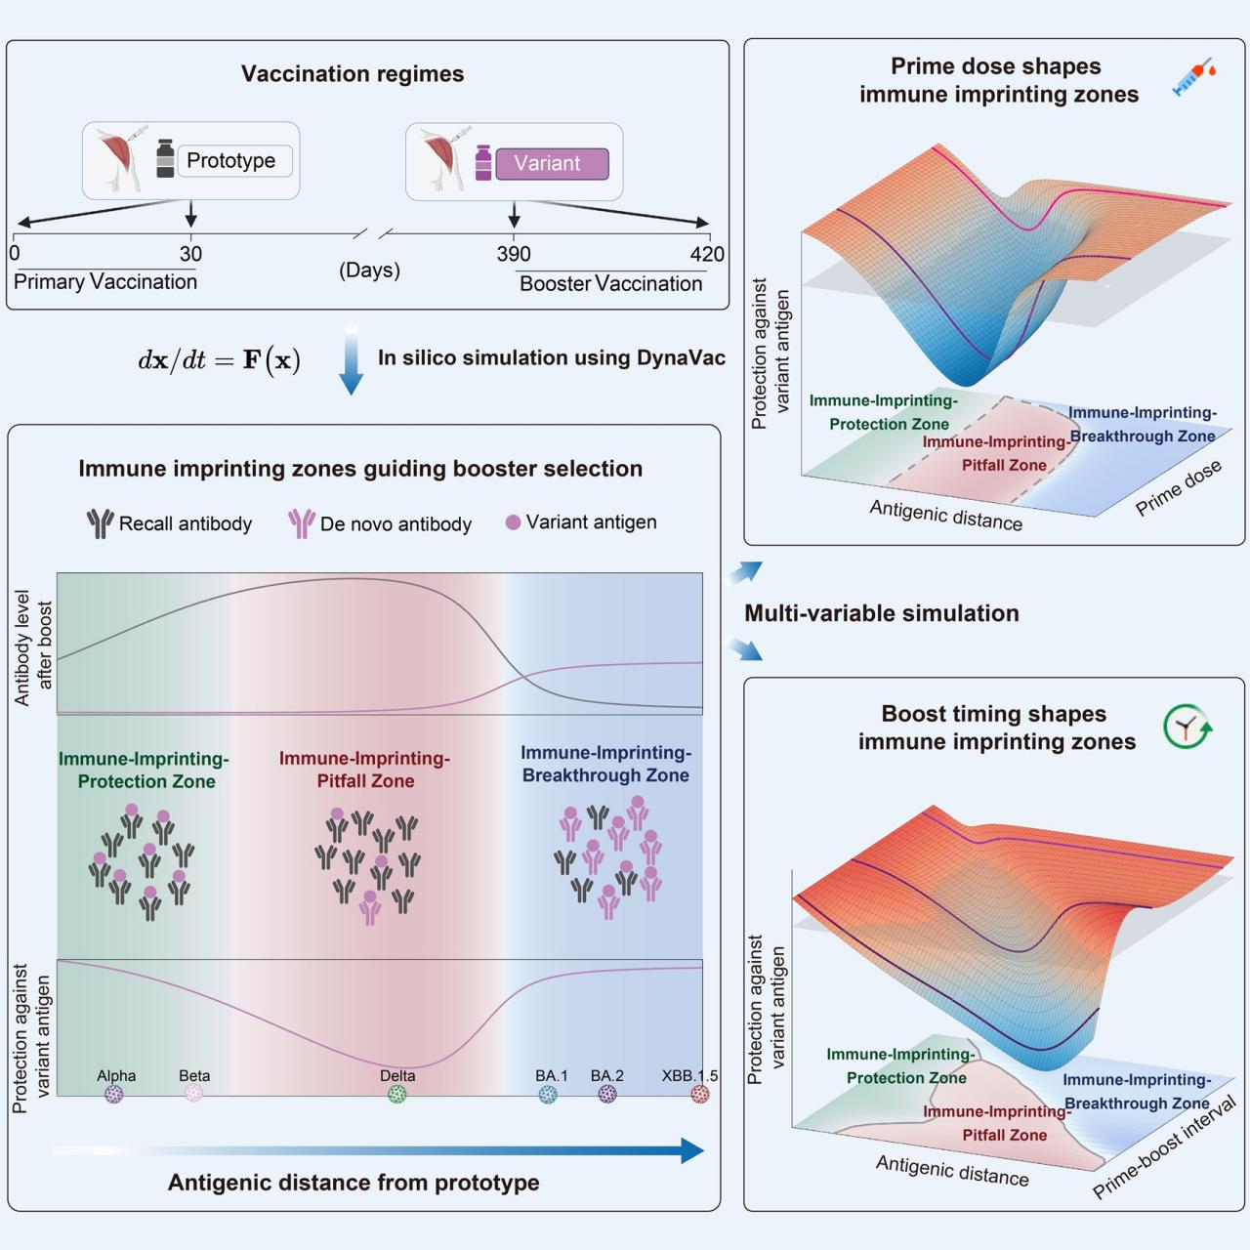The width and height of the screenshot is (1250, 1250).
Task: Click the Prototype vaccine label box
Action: pos(234,161)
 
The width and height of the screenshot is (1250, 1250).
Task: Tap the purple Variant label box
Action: pos(552,163)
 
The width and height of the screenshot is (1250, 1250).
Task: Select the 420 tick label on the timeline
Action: pos(706,254)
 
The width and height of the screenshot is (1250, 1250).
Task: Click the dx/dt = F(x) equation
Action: pos(220,359)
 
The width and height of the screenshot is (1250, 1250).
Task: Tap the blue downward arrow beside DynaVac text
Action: pos(351,360)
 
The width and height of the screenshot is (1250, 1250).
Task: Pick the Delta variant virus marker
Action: pos(397,1095)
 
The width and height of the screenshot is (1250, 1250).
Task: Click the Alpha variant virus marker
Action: pos(114,1095)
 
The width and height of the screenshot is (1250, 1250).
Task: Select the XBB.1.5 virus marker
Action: pos(700,1095)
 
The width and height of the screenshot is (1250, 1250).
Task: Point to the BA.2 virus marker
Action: pos(607,1095)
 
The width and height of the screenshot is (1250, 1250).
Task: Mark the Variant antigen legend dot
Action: pos(513,522)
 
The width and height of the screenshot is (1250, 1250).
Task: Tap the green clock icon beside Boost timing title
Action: pos(1187,727)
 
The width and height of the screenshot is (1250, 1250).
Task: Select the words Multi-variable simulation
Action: pos(882,613)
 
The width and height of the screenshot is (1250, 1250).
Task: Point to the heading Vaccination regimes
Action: pos(353,74)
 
